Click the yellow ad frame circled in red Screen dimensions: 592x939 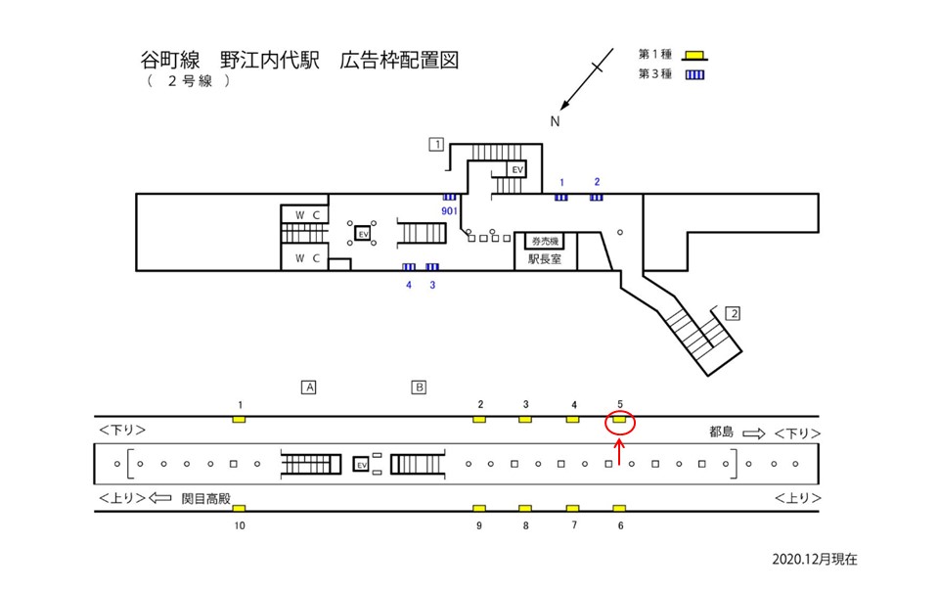tap(619, 420)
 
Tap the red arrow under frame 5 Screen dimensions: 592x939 tap(619, 451)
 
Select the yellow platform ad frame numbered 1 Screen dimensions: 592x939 tap(239, 420)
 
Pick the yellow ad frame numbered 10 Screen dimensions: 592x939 tap(239, 508)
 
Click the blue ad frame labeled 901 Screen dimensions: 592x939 tap(450, 197)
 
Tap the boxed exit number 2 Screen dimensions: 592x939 tap(733, 314)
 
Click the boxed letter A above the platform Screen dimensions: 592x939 tap(308, 387)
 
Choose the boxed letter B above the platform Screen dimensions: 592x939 tap(419, 387)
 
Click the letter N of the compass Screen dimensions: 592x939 tap(555, 121)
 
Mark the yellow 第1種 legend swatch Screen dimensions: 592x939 tap(695, 54)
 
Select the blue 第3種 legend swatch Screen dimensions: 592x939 tap(695, 73)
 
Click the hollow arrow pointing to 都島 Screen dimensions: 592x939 tap(754, 432)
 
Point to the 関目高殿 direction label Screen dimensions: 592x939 tap(205, 497)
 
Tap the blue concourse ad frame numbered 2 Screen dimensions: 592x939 tap(596, 197)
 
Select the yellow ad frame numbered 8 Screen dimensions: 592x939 tap(525, 508)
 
